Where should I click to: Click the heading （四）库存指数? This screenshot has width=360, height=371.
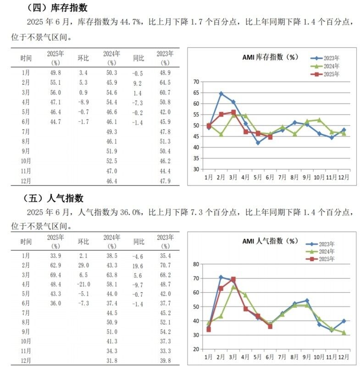click(x=56, y=8)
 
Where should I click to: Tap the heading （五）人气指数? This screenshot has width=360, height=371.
click(x=53, y=198)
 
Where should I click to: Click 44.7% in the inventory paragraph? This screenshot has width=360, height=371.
click(x=131, y=22)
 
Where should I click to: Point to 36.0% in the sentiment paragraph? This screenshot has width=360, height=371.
click(x=131, y=212)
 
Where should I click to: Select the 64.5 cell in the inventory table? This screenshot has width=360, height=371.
click(x=165, y=82)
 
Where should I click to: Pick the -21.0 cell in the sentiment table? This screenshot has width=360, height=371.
click(x=83, y=284)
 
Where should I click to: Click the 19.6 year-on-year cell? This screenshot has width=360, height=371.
click(x=138, y=266)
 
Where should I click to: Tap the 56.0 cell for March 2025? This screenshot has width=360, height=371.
click(x=55, y=93)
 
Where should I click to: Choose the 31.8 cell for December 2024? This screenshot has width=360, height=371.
click(x=112, y=360)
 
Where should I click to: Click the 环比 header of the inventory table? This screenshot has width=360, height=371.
click(x=83, y=58)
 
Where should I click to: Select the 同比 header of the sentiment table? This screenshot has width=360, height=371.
click(x=138, y=241)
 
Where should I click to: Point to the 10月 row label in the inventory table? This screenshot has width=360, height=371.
click(x=26, y=161)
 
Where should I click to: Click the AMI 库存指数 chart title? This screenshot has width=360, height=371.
click(x=270, y=57)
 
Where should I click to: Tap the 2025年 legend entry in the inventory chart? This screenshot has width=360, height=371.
click(x=325, y=74)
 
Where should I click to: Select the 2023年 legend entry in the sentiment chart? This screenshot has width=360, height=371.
click(x=320, y=244)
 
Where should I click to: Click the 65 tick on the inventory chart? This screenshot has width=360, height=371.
click(x=196, y=93)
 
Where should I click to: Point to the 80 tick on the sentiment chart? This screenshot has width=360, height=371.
click(x=196, y=264)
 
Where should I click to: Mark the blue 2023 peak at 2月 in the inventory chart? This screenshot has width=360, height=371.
click(x=221, y=94)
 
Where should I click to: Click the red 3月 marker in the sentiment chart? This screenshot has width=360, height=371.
click(x=233, y=279)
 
